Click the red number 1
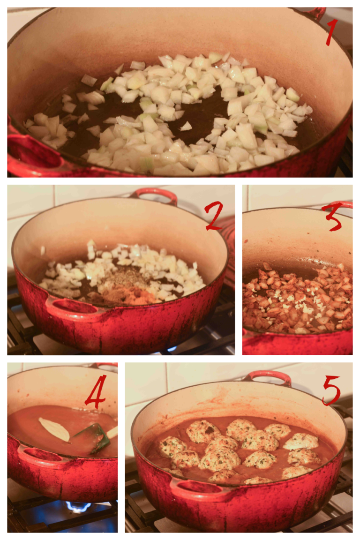coord(331,32)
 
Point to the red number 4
coord(96,391)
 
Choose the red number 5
coord(331,390)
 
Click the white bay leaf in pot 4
coord(54,429)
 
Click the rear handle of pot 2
coord(155,194)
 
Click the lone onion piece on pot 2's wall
coord(43,250)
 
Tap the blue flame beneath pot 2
coord(171,350)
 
